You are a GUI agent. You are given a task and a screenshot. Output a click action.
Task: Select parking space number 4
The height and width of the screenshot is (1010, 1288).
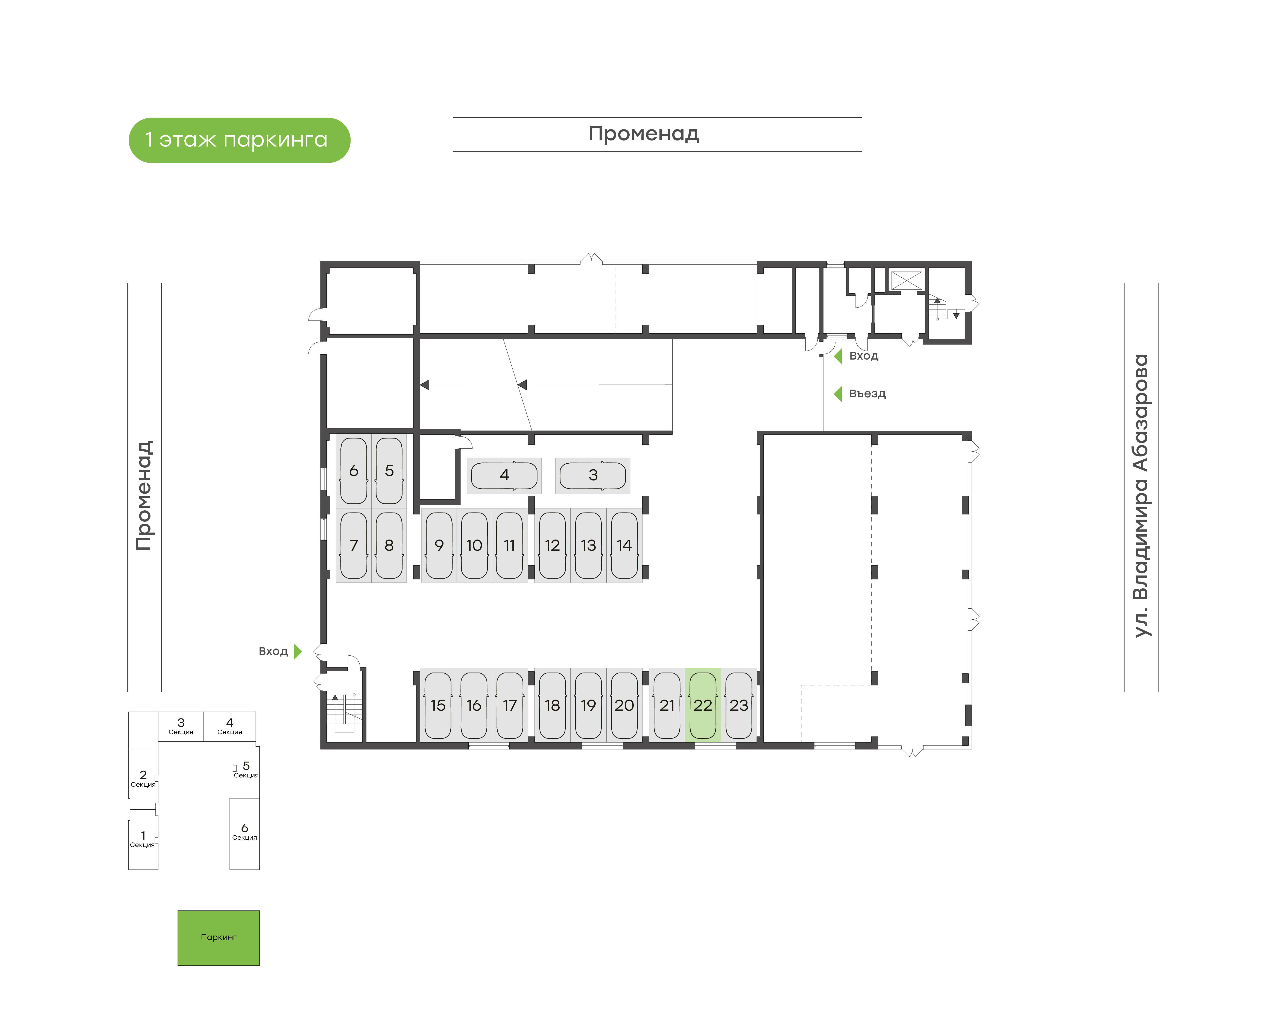click(x=504, y=475)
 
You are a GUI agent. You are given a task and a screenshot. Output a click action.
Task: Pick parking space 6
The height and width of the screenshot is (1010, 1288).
click(x=354, y=471)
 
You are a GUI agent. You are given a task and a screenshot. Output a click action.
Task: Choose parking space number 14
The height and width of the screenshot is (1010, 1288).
click(x=624, y=545)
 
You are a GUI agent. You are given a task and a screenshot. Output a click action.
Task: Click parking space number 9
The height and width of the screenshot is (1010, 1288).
click(x=439, y=545)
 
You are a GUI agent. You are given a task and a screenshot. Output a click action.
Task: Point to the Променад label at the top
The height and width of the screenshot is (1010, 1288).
click(x=644, y=134)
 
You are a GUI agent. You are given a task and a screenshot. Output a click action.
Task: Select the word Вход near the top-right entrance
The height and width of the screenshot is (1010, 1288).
click(x=864, y=356)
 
